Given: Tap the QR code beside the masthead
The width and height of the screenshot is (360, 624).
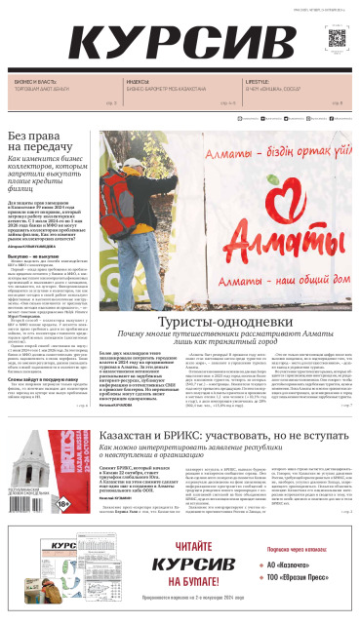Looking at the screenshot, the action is click(x=337, y=40).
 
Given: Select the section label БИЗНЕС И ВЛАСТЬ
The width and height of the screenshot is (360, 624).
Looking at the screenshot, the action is click(x=33, y=82).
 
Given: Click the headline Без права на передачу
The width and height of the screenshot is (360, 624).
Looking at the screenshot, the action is click(x=53, y=142).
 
